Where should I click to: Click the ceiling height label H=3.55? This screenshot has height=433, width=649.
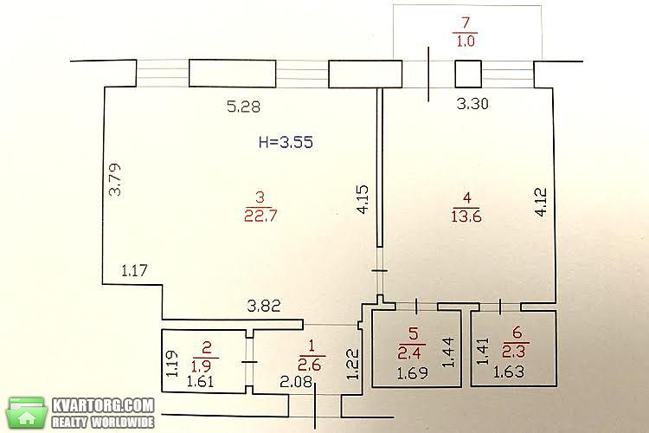click(286, 142)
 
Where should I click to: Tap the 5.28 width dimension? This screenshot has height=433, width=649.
click(244, 107)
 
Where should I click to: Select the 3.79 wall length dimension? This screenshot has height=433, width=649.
click(115, 179)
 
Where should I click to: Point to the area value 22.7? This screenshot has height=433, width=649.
click(260, 216)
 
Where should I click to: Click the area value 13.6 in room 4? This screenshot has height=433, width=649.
click(466, 216)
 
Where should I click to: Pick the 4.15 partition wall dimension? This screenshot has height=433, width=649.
click(362, 199)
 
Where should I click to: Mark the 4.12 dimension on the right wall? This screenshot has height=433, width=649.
click(541, 202)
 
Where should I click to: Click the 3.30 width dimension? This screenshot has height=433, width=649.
click(472, 103)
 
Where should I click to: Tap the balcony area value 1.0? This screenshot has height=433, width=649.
click(466, 41)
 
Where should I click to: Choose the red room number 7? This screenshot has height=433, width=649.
click(466, 23)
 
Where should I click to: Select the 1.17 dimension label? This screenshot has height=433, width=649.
click(134, 270)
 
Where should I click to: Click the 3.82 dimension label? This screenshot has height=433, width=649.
click(264, 307)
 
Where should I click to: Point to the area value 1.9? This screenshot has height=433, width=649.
click(202, 365)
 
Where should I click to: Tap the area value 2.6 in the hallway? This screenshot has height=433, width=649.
click(310, 365)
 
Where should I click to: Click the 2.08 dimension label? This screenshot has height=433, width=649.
click(296, 381)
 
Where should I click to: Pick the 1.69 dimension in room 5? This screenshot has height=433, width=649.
click(412, 374)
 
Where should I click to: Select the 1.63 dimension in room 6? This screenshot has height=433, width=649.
click(509, 372)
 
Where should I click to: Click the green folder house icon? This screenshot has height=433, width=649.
click(27, 413)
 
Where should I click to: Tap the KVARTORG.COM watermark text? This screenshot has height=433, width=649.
click(103, 405)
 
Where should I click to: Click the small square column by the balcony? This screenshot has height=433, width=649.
click(468, 74)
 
